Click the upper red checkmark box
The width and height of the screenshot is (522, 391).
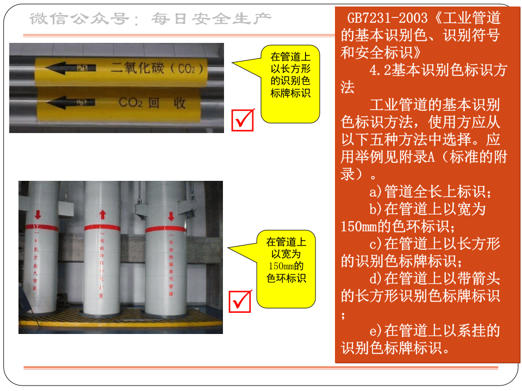coord(243,120)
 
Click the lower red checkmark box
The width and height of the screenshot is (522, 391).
coord(240,301)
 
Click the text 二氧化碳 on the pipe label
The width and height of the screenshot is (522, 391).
coord(136,69)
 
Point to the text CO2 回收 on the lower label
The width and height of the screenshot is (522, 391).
coord(152,103)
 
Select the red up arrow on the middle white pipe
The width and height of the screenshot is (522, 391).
coord(102,215)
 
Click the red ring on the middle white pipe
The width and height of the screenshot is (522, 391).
coord(102,228)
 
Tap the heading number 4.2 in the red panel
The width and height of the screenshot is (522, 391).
coord(380,70)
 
